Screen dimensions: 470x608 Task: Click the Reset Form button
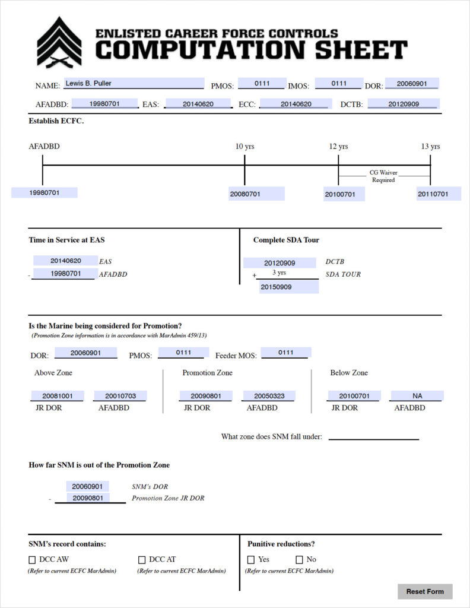tap(425, 591)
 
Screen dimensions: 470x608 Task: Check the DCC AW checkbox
tap(32, 560)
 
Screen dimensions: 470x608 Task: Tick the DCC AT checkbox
tap(142, 560)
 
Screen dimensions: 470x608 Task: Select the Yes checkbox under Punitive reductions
tap(251, 559)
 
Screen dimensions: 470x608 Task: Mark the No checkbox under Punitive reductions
tap(299, 559)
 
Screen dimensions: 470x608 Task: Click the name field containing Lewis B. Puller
tap(134, 83)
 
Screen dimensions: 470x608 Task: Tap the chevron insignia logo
tap(59, 42)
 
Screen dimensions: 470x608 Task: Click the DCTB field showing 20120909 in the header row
tap(403, 103)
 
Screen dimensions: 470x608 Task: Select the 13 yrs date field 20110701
tap(439, 194)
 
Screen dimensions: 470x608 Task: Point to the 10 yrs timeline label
tap(245, 146)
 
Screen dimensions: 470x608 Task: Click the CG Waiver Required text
tap(383, 176)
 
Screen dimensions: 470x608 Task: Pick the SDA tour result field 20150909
tap(289, 287)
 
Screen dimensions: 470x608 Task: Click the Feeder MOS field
tap(286, 353)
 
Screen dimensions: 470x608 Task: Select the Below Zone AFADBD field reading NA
tap(417, 396)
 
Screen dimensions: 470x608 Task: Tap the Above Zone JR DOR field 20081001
tap(58, 396)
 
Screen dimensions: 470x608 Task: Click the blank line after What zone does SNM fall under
tap(374, 439)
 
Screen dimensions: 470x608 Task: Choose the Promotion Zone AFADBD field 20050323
tap(269, 396)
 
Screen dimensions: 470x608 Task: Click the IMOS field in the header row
tap(339, 83)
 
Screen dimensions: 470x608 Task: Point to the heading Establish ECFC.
tap(56, 121)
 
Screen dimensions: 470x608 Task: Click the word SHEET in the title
tap(361, 50)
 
